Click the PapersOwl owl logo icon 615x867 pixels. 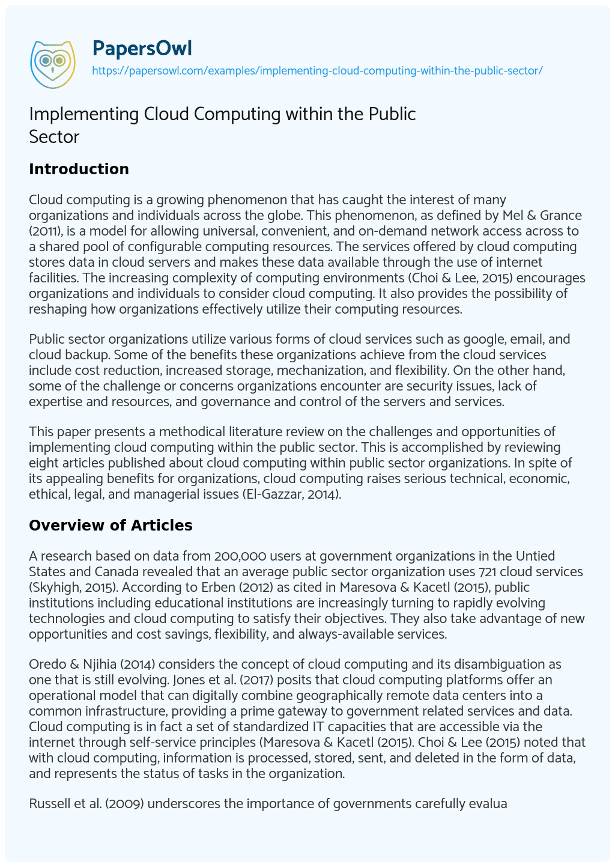coord(52,61)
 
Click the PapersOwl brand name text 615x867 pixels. coord(142,48)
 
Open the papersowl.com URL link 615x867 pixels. coord(317,71)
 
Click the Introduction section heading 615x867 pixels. coord(79,169)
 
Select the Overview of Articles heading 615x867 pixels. coord(111,525)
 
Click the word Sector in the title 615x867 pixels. coord(54,136)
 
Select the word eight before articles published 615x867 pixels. coord(43,463)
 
